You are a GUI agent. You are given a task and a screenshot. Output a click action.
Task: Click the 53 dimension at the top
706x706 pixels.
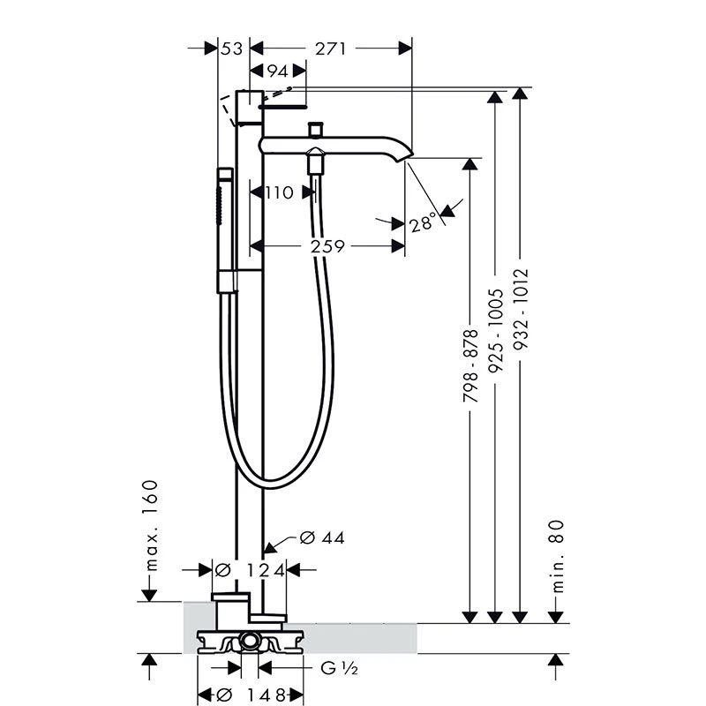coord(232,49)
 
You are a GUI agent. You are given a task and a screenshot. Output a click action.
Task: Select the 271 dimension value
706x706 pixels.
coord(330,49)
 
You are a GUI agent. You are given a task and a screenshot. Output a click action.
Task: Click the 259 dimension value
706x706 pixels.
coord(327,247)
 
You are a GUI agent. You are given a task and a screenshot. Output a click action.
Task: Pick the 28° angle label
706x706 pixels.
coord(424,223)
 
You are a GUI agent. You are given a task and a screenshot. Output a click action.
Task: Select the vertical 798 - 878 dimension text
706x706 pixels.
coord(470,367)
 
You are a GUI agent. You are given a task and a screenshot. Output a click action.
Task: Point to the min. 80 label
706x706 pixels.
coord(558,555)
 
